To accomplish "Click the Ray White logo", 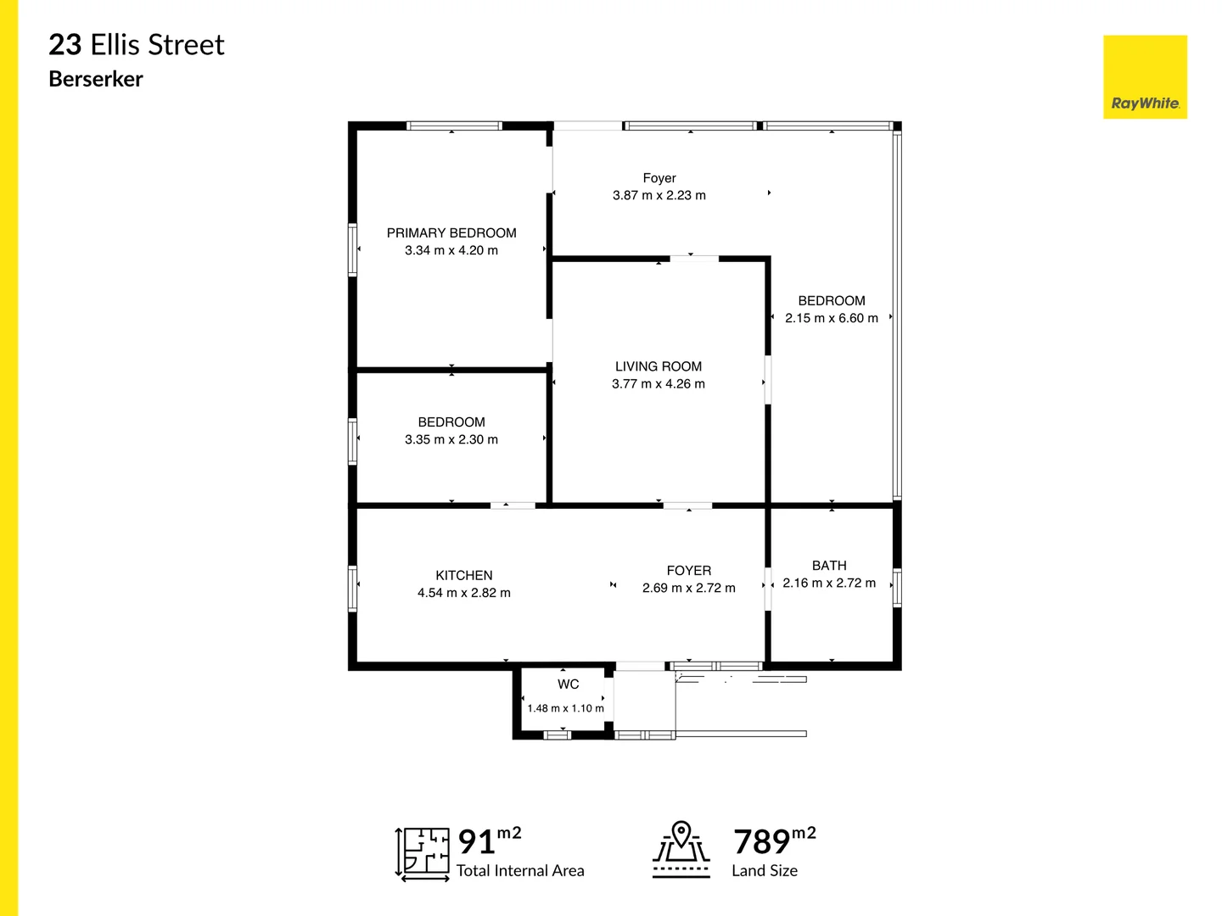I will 1145,77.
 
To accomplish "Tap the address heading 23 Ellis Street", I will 137,45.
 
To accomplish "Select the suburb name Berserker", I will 96,79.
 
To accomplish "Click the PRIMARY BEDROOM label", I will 451,233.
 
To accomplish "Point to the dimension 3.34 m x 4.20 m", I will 451,250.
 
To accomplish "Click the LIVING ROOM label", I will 659,366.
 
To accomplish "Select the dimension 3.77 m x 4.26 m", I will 659,384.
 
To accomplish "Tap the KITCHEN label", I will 464,575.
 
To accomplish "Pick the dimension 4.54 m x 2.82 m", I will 464,593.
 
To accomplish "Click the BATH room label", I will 829,566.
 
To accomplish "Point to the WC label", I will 569,684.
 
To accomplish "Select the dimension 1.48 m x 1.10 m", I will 566,708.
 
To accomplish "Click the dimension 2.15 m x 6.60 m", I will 832,318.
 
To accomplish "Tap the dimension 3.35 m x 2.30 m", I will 451,439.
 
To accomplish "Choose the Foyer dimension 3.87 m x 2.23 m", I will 659,195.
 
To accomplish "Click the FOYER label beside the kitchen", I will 689,571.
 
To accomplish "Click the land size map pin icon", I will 681,848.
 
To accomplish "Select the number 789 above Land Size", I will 761,842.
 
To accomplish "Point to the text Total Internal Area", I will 520,871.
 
